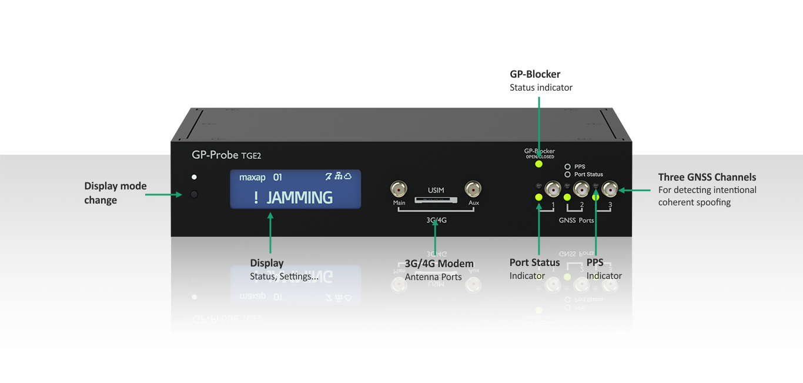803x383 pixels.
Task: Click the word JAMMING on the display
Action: point(300,198)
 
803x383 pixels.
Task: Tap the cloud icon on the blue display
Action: point(348,176)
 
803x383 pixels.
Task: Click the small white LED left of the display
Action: point(194,177)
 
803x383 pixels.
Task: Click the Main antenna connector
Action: point(399,189)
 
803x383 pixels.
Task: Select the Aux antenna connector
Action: point(473,189)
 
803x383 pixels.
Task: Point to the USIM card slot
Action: point(436,199)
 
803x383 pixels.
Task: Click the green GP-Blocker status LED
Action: point(539,164)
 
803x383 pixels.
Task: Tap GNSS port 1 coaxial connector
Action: point(553,189)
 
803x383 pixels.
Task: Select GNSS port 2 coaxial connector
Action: point(581,189)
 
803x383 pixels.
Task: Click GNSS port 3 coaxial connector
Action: point(610,189)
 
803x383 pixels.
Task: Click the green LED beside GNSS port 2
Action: point(567,198)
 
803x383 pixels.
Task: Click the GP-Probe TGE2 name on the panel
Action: point(226,155)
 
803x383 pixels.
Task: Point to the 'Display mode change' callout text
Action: point(115,193)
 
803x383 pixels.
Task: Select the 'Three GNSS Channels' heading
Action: point(707,177)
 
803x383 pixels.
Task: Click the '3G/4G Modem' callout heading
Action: point(439,264)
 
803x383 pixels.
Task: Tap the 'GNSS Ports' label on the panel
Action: point(576,221)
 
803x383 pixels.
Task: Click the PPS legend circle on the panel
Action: point(568,166)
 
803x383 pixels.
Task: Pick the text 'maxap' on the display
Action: point(252,177)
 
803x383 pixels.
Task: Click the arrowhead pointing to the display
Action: point(270,217)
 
